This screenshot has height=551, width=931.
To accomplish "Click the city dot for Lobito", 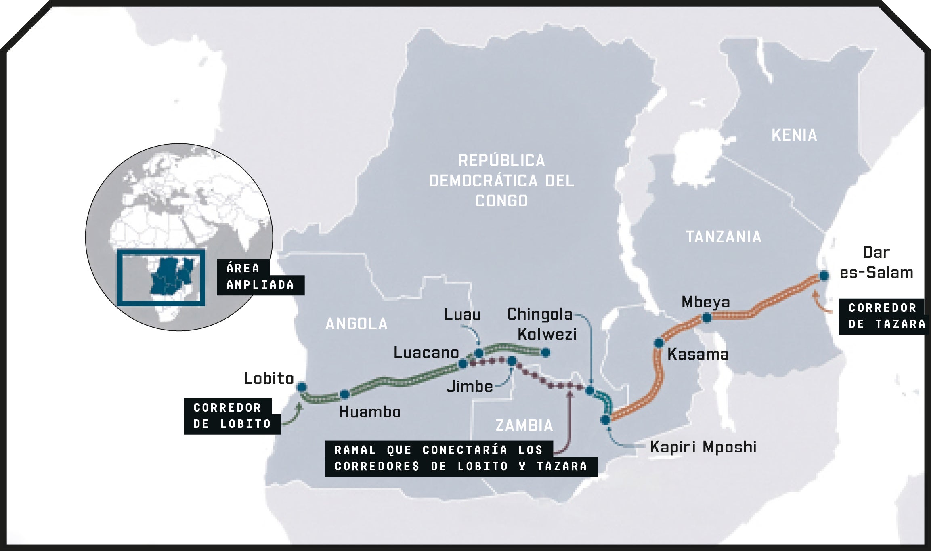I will tap(301, 387).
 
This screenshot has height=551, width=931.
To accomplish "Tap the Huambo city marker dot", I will tap(344, 394).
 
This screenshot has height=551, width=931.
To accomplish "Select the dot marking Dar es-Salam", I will tap(824, 276).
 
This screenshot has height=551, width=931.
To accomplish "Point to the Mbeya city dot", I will tap(707, 318).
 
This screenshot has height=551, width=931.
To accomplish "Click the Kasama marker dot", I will tap(659, 343).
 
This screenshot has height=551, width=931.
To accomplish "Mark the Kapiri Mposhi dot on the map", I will tap(605, 420).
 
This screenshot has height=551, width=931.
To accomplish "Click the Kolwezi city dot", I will tap(545, 352).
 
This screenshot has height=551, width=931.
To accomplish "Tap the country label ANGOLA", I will tap(356, 324).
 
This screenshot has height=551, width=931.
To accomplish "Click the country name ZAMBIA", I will tap(524, 425).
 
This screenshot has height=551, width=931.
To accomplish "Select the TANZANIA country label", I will tap(723, 237).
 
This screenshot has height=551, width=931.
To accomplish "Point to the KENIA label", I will tap(794, 135).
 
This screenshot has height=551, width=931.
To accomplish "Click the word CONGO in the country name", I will tap(501, 201).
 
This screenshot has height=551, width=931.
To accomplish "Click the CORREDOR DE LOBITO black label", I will tap(232, 416).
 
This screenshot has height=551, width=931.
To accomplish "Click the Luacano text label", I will tap(426, 353).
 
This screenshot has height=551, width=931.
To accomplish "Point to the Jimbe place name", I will tap(470, 387).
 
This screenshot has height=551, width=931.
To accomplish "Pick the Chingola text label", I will tap(540, 314).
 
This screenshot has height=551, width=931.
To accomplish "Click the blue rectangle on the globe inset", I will tap(161, 278).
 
